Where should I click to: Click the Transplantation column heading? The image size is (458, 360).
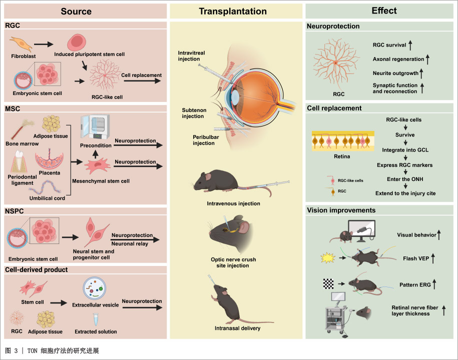pyautogui.click(x=233, y=11)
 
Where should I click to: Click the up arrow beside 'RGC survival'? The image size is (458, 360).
pyautogui.click(x=410, y=45)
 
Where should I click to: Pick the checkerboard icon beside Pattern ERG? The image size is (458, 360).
pyautogui.click(x=328, y=283)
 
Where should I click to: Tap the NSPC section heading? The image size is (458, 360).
pyautogui.click(x=15, y=211)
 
